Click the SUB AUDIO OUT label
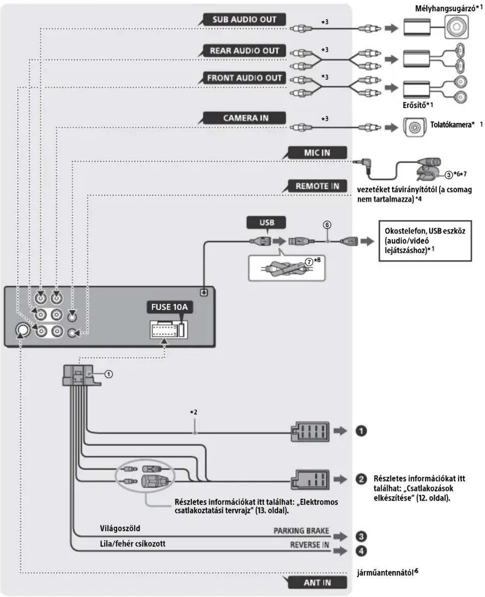click(x=244, y=19)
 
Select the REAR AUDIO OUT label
click(x=244, y=50)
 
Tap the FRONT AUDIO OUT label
click(x=244, y=78)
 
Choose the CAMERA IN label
click(x=244, y=118)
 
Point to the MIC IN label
click(x=317, y=152)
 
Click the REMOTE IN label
click(x=317, y=186)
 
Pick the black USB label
click(x=266, y=222)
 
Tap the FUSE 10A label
click(x=169, y=307)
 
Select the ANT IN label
click(x=317, y=583)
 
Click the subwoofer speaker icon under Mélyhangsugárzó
click(x=456, y=27)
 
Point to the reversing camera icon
click(x=414, y=127)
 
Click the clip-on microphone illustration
click(x=428, y=170)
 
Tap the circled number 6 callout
click(x=327, y=225)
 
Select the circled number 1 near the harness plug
click(x=109, y=374)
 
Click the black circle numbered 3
click(x=361, y=536)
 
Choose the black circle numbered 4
click(x=361, y=551)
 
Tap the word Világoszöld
click(x=120, y=528)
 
